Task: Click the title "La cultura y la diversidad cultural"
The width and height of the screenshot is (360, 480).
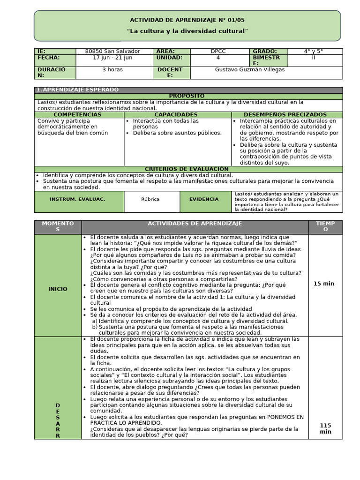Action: click(187, 30)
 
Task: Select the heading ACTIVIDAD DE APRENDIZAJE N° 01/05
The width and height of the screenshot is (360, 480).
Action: click(187, 20)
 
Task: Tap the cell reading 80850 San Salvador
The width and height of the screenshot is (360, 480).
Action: click(112, 51)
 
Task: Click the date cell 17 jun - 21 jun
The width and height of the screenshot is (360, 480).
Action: click(112, 58)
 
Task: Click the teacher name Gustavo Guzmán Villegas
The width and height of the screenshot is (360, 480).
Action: click(249, 70)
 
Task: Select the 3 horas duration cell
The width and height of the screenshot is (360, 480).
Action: click(112, 70)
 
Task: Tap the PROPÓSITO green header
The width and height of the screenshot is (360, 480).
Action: click(188, 96)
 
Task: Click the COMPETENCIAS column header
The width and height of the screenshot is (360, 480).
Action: click(77, 114)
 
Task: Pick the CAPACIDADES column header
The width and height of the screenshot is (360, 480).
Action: click(176, 114)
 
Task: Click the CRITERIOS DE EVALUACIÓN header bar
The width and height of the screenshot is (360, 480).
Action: click(187, 169)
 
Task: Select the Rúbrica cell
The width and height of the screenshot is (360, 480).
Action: click(150, 199)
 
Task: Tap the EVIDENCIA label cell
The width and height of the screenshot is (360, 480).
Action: click(204, 199)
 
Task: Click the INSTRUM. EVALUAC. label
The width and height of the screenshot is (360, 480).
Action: click(77, 199)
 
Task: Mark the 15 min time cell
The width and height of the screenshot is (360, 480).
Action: click(323, 284)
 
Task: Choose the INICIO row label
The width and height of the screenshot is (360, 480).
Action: click(58, 289)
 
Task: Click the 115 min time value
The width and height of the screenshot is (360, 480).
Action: click(325, 428)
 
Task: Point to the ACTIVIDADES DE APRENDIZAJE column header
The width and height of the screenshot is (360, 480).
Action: click(195, 224)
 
